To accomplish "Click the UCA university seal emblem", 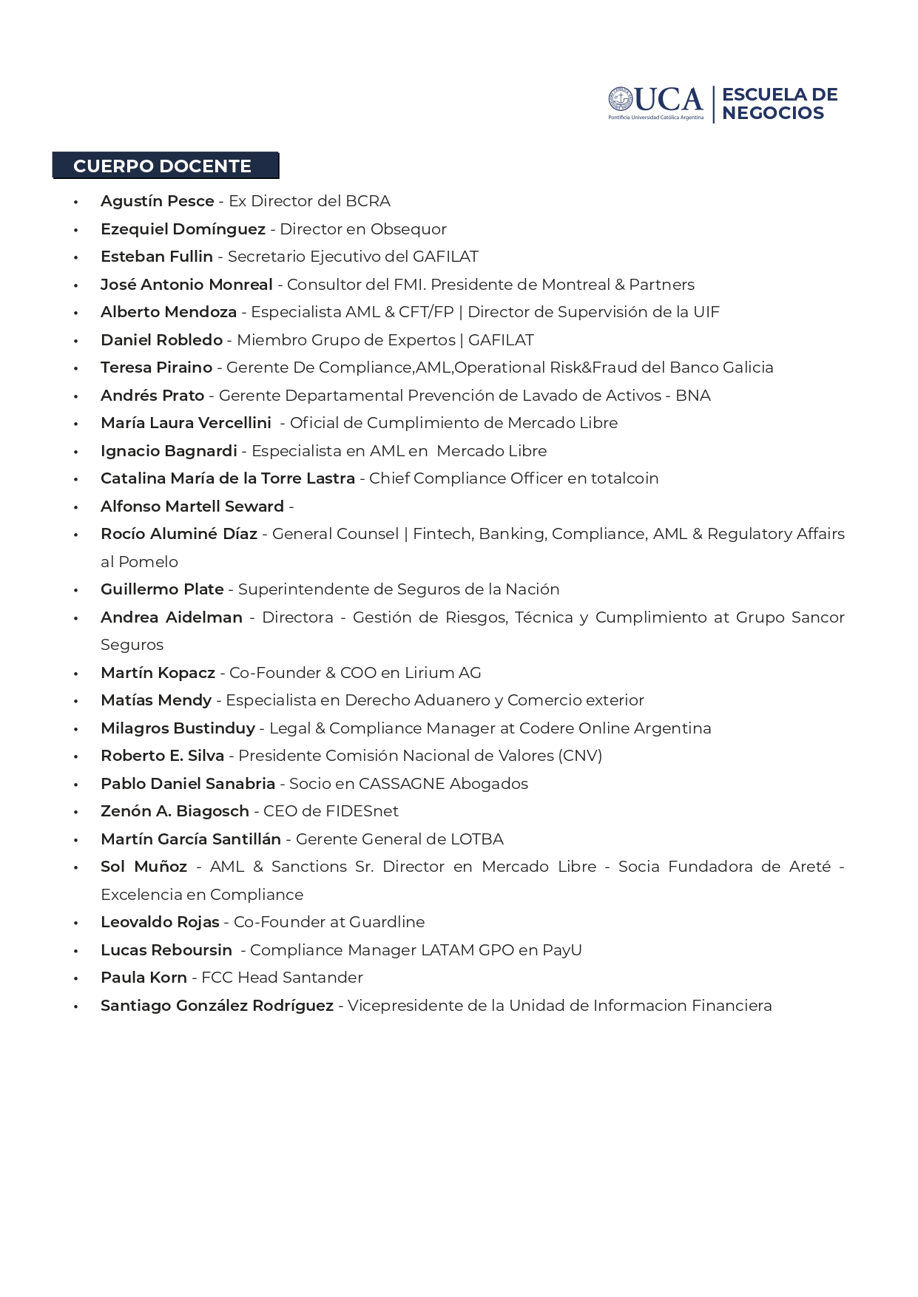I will click(x=621, y=99).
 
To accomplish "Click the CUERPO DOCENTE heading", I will click(x=163, y=166).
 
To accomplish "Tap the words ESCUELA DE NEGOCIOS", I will click(x=779, y=104).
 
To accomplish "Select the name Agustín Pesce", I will click(x=157, y=201).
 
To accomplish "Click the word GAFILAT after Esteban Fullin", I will click(x=445, y=257).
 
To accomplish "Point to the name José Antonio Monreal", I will click(x=186, y=285).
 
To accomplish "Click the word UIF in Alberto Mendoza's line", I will click(x=706, y=312).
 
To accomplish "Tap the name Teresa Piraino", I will click(x=156, y=368).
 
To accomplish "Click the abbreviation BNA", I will click(x=692, y=396).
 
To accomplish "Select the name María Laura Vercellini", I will click(x=186, y=423).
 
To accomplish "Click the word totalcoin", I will click(x=624, y=478).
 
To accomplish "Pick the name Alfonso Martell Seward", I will click(x=192, y=507).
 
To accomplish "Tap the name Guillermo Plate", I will click(x=162, y=589).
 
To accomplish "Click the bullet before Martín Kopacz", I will click(x=75, y=673).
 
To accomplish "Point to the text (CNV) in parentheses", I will click(x=581, y=756).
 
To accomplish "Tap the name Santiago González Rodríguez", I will click(x=217, y=1006).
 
